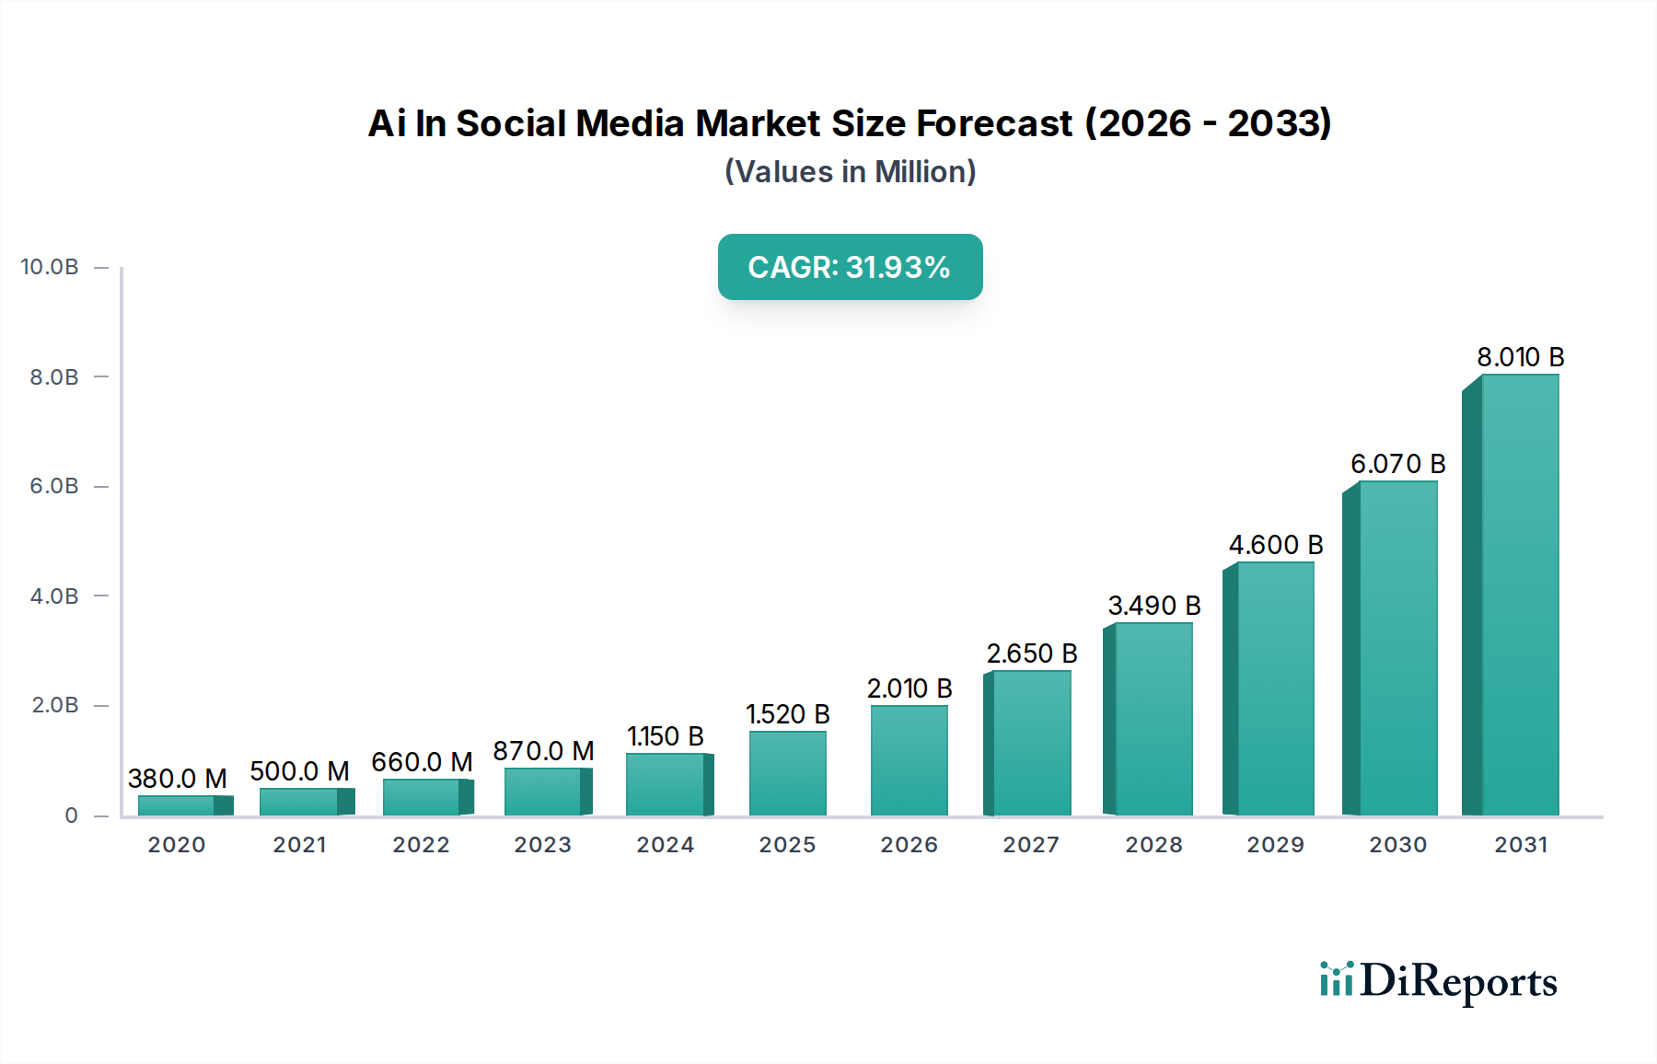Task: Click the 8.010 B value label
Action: (1521, 357)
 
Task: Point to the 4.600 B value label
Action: (1276, 545)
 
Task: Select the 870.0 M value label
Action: (543, 751)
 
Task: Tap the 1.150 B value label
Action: (665, 736)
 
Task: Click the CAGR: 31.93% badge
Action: (850, 267)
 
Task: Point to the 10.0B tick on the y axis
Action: (50, 267)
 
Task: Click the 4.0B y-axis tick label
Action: (54, 596)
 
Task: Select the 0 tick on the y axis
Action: (71, 815)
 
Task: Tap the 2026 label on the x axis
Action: (909, 845)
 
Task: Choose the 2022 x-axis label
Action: (421, 845)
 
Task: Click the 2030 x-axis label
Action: (1397, 845)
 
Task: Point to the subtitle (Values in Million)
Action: (850, 172)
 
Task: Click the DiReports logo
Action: (1438, 981)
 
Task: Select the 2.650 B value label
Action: (1032, 653)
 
